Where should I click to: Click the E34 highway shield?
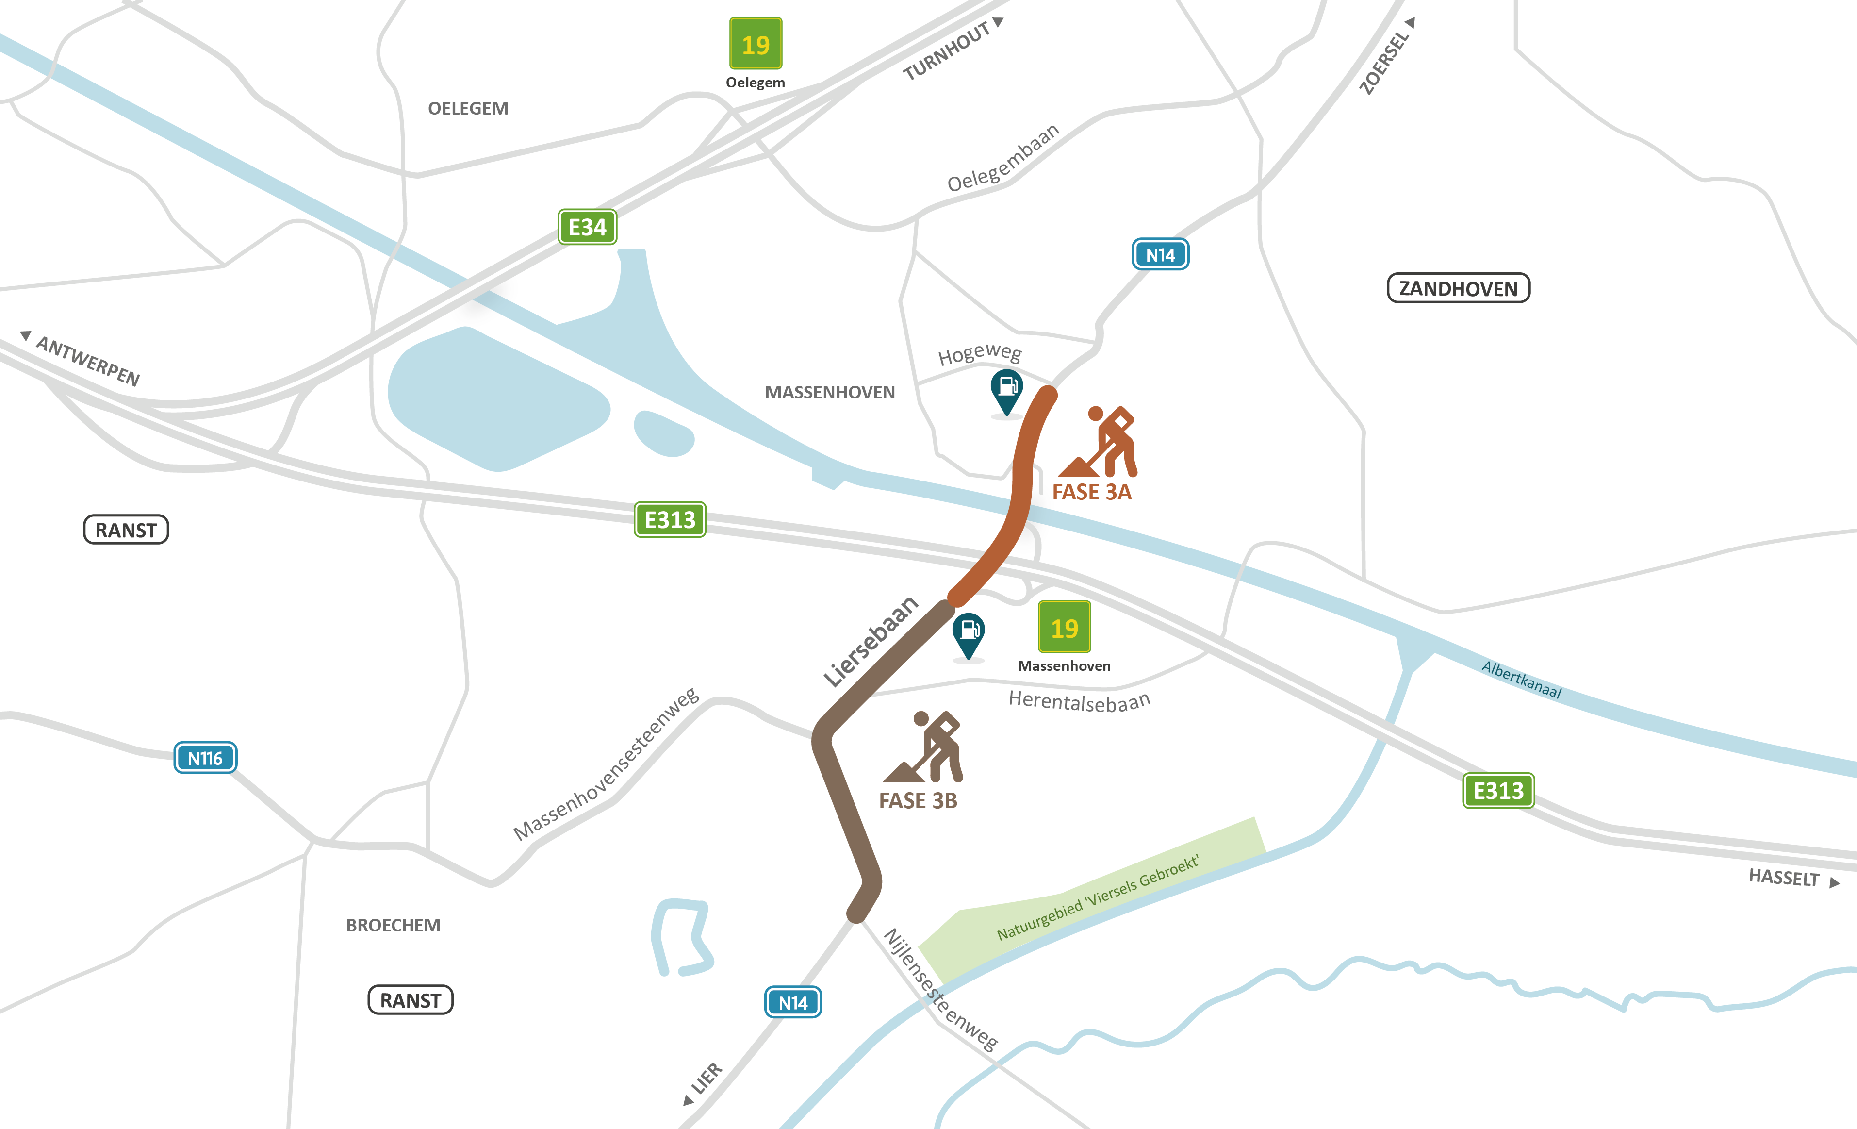click(587, 227)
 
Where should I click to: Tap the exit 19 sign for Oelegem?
click(755, 44)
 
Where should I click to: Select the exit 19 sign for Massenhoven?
click(1064, 627)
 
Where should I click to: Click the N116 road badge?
click(205, 758)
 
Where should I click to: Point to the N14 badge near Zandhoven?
click(1160, 255)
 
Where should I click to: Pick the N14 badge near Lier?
click(793, 1002)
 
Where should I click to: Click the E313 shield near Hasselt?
click(1498, 791)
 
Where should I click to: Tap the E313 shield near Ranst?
click(670, 519)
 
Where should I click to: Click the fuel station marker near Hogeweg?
click(1006, 389)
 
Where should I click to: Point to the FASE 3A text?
click(1091, 492)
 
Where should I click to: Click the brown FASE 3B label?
click(918, 800)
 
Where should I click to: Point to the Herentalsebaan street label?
click(1079, 701)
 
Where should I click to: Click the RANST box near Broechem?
click(410, 1000)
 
